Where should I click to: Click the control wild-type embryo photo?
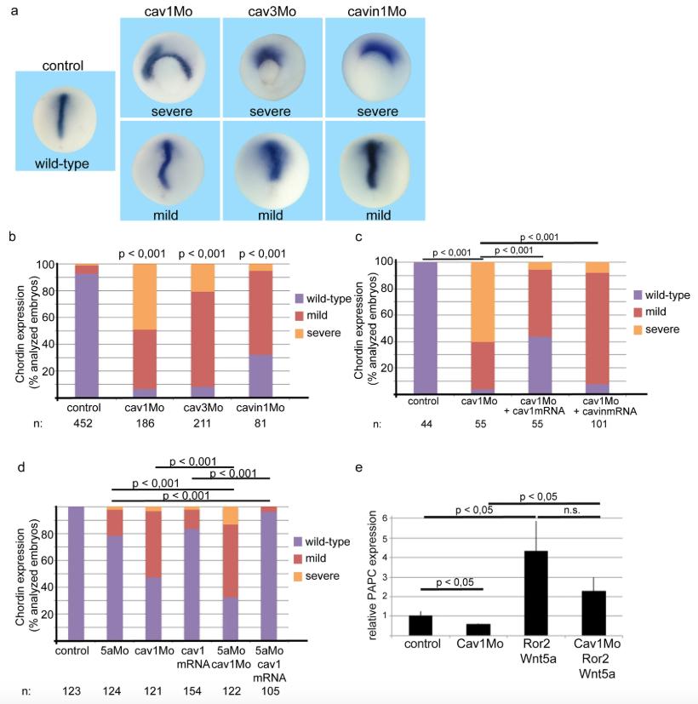[65, 121]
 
